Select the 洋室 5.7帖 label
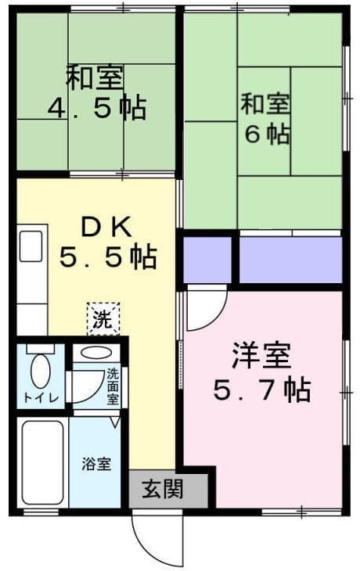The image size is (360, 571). tap(261, 372)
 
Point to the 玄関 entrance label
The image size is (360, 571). tap(163, 490)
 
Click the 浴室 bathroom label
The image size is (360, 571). tap(97, 463)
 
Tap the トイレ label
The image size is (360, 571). tap(38, 397)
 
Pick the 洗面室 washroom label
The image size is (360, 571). tap(113, 386)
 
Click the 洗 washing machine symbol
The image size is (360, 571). tap(103, 318)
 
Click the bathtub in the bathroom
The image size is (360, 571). tap(43, 462)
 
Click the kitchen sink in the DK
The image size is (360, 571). tap(32, 244)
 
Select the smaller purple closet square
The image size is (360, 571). tap(207, 259)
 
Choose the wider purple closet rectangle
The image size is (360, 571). tap(290, 259)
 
